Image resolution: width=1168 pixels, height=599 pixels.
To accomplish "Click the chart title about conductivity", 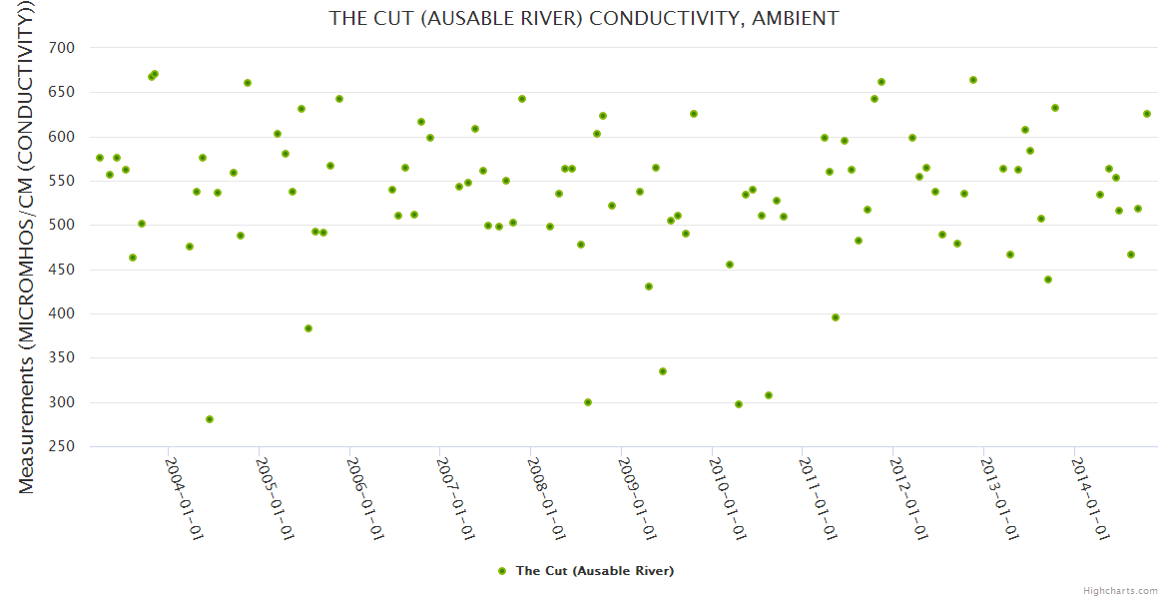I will pos(584,18).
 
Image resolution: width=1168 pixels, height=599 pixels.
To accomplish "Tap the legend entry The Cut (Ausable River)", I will pos(594,571).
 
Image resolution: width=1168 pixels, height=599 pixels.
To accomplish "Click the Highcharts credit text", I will pos(1120,590).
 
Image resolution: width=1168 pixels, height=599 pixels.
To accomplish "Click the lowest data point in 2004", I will pos(210,419).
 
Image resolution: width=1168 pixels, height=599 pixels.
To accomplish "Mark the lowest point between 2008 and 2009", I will pos(588,402).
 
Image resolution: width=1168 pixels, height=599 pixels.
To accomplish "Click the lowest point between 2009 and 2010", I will pos(663,371).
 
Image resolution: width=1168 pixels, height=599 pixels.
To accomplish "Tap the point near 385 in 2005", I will pos(308,328).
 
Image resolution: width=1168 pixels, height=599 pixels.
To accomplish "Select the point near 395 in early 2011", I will pos(836,317).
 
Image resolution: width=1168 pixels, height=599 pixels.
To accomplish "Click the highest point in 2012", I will pos(973,80).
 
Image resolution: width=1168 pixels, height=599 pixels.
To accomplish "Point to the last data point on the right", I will pos(1147,114).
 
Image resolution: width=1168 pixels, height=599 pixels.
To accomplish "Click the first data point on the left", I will pos(100,158).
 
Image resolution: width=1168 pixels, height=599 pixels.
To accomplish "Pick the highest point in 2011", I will pos(881,82).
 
